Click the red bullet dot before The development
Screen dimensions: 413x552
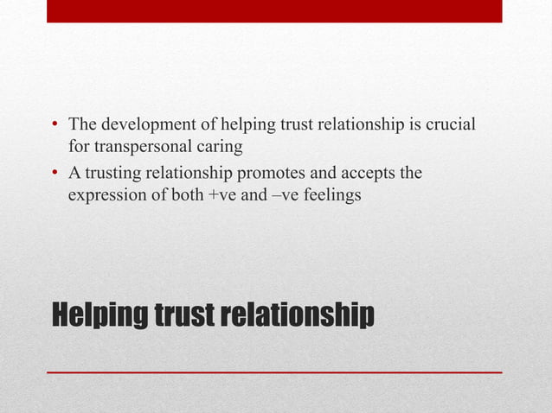click(x=55, y=126)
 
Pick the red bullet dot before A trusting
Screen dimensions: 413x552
click(x=55, y=175)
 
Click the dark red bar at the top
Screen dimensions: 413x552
click(x=274, y=11)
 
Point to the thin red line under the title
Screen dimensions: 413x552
click(x=274, y=372)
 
